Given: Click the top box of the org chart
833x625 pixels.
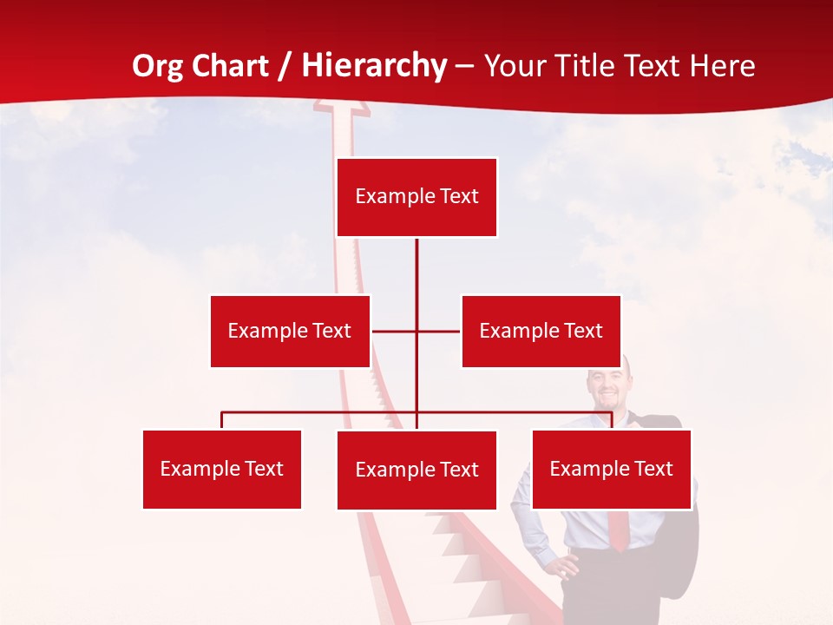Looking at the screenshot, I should pos(416,197).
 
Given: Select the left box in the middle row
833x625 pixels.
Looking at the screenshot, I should pos(290,331).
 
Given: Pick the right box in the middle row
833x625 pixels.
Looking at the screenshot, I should pos(541,331).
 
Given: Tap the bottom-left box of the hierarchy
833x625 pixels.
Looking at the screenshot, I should pos(222,469).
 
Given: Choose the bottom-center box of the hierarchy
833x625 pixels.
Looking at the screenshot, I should pos(416,470).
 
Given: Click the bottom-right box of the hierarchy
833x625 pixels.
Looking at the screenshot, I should pos(611,469).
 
